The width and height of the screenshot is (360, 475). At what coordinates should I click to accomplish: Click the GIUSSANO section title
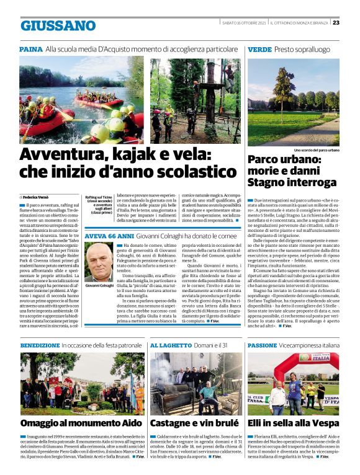[58, 25]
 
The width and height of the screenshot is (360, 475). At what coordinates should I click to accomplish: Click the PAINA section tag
[30, 48]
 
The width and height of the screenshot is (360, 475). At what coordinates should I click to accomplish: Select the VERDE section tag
[259, 48]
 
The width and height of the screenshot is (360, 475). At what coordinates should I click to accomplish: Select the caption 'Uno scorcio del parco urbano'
[317, 150]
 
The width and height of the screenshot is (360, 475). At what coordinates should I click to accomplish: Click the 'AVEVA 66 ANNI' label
[108, 236]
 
